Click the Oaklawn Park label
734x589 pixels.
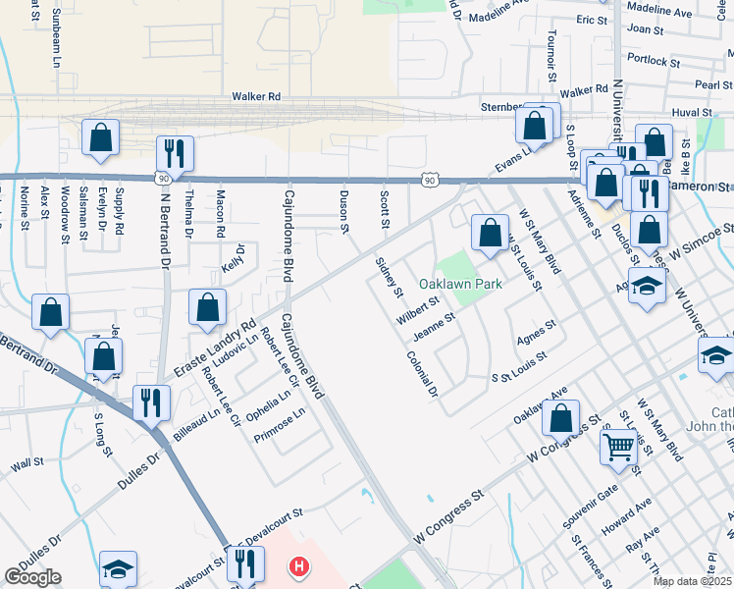[x=460, y=284]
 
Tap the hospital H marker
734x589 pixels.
[x=299, y=567]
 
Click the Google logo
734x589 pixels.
[x=32, y=576]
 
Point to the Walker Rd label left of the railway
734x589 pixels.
[x=257, y=96]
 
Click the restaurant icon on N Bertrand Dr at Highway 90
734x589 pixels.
[x=174, y=153]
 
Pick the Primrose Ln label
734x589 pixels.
[x=288, y=426]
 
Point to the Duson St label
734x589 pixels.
[x=344, y=211]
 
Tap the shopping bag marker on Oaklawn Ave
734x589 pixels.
[x=559, y=417]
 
